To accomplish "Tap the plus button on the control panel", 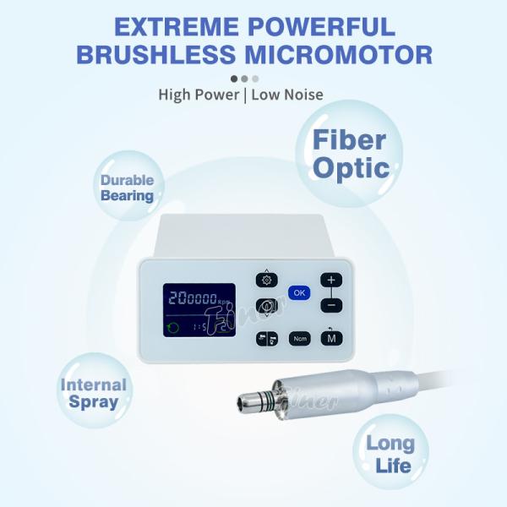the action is (x=331, y=280).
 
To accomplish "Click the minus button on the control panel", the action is (x=331, y=305).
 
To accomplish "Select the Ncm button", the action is (x=300, y=339).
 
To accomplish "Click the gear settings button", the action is (x=267, y=280).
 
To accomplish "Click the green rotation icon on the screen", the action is (x=173, y=328).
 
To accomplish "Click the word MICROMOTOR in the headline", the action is (x=339, y=54).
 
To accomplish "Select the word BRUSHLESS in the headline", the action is (x=156, y=54).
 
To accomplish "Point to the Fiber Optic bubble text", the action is (x=350, y=154).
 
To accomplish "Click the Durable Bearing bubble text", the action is (x=127, y=188).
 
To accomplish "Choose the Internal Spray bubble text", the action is (x=94, y=394).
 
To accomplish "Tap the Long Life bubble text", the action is (x=390, y=455).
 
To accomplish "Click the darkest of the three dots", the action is (x=234, y=79).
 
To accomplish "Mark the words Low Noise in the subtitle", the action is (x=287, y=95).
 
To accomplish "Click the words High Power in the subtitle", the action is (x=199, y=95).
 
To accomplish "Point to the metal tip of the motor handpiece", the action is (x=248, y=401).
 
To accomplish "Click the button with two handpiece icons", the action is (x=267, y=339).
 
